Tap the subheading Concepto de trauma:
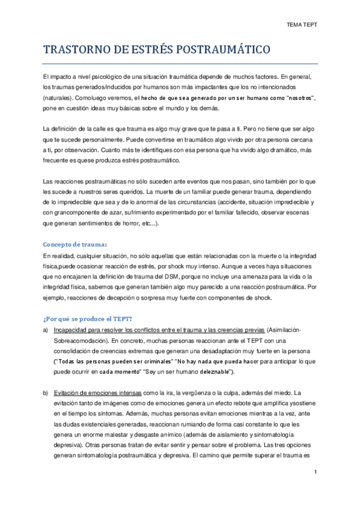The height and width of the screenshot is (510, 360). coord(75,245)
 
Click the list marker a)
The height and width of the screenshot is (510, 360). coord(45,330)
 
